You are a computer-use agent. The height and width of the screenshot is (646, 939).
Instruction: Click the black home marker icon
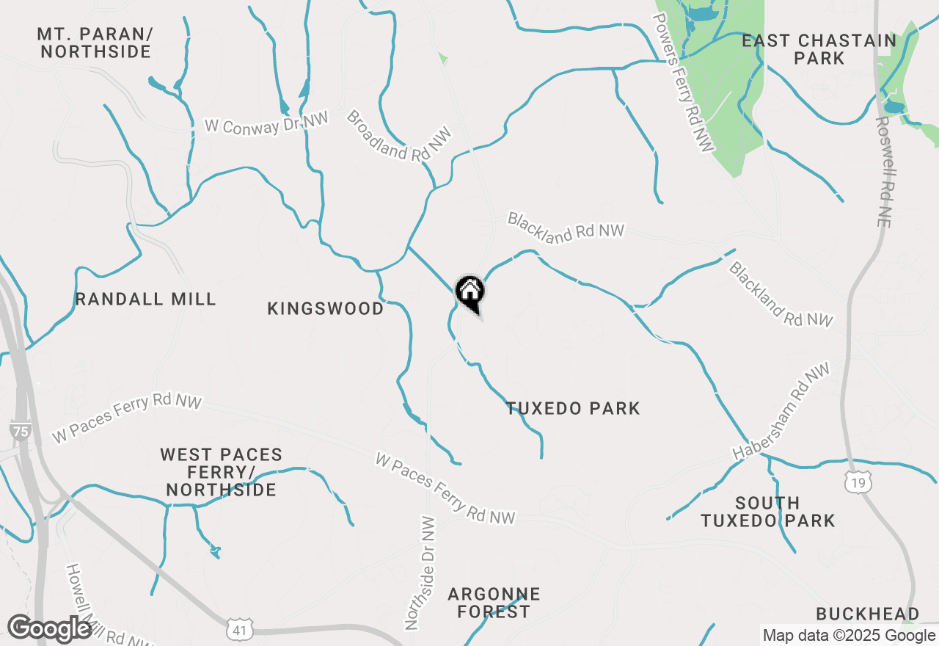[x=469, y=292]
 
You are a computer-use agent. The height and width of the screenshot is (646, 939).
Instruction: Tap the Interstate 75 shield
[x=21, y=431]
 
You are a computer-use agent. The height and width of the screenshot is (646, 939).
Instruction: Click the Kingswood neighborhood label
[x=325, y=308]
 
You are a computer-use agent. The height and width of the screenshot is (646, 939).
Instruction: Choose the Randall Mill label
[x=145, y=299]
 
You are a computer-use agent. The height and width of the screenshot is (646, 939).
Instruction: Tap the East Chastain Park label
[x=819, y=49]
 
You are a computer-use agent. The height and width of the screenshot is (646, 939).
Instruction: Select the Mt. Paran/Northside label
[x=95, y=43]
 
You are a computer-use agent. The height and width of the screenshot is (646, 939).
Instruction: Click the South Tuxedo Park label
[x=767, y=512]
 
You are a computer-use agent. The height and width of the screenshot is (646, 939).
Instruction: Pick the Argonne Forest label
[x=494, y=603]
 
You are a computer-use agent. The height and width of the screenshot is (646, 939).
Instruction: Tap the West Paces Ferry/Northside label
[x=221, y=472]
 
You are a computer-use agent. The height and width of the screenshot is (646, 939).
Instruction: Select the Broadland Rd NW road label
[x=399, y=136]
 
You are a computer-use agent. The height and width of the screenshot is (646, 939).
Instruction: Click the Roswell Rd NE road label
[x=883, y=172]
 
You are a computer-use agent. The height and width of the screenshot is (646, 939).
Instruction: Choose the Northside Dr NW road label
[x=420, y=573]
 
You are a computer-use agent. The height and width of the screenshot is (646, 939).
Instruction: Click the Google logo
[x=49, y=628]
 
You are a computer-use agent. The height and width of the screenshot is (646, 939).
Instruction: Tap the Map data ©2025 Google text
[x=849, y=636]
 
